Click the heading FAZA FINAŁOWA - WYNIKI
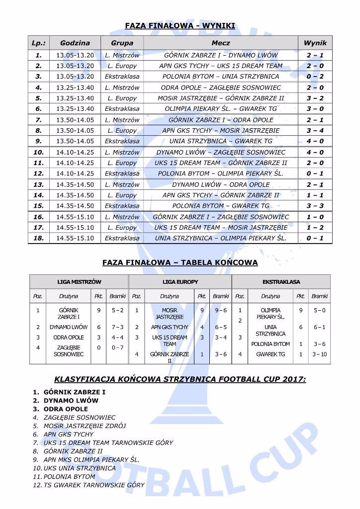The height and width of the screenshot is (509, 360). tap(180, 26)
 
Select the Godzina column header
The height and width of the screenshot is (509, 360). tap(75, 43)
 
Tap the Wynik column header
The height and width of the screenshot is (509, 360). tap(315, 43)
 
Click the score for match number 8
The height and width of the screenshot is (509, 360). tap(315, 131)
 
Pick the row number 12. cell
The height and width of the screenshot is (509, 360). tap(39, 173)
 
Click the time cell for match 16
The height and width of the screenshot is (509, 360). tap(75, 217)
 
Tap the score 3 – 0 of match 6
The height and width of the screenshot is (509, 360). tap(315, 109)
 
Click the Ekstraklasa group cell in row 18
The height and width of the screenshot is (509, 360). tap(122, 238)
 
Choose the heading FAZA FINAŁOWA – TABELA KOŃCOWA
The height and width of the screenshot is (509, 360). tap(180, 262)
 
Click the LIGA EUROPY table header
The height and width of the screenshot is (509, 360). tap(180, 282)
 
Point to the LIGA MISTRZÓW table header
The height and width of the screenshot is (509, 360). tap(79, 282)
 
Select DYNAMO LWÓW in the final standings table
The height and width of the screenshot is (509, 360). tap(69, 327)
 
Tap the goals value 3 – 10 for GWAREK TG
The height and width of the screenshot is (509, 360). tap(319, 354)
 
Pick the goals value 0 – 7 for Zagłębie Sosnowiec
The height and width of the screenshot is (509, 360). tap(117, 347)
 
